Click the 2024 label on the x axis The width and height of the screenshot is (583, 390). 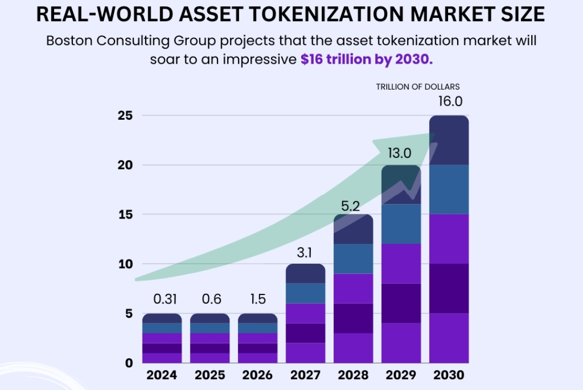(x=162, y=375)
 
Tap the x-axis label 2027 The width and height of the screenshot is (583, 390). (x=305, y=375)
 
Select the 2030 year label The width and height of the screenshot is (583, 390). (x=449, y=375)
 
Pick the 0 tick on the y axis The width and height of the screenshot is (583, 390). (x=129, y=362)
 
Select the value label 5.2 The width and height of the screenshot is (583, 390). (x=353, y=205)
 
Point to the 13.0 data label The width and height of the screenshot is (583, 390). (x=401, y=154)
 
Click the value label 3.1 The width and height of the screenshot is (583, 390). (x=305, y=252)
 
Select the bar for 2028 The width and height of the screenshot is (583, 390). (x=353, y=291)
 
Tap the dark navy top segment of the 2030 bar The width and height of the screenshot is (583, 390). (x=449, y=140)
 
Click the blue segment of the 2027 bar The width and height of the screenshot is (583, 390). (x=305, y=293)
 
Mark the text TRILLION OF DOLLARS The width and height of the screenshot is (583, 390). (x=417, y=86)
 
